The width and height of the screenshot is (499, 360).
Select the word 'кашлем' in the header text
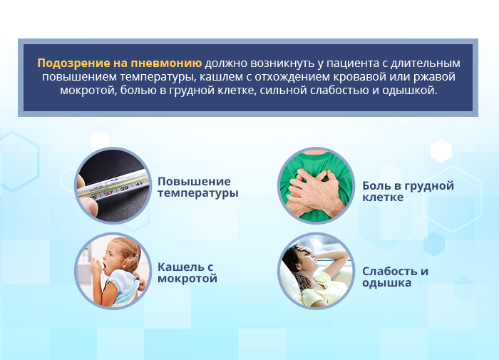[x=213, y=77]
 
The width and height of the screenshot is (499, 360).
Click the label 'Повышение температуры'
[x=197, y=187]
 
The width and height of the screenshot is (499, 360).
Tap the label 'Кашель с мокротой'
[x=187, y=272]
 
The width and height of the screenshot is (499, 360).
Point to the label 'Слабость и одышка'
[x=395, y=277]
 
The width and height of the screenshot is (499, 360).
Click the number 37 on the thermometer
[x=108, y=192]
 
